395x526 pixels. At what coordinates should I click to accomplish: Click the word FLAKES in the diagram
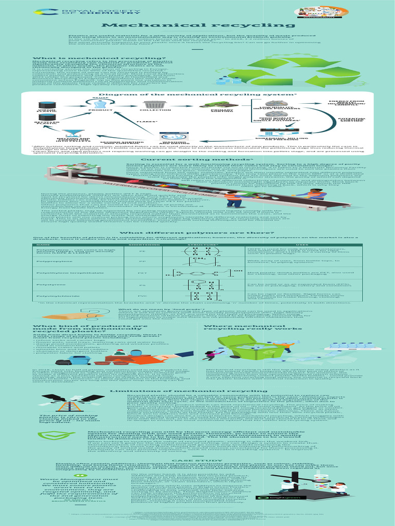pyautogui.click(x=143, y=122)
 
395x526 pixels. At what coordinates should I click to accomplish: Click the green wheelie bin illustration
pyautogui.click(x=251, y=347)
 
